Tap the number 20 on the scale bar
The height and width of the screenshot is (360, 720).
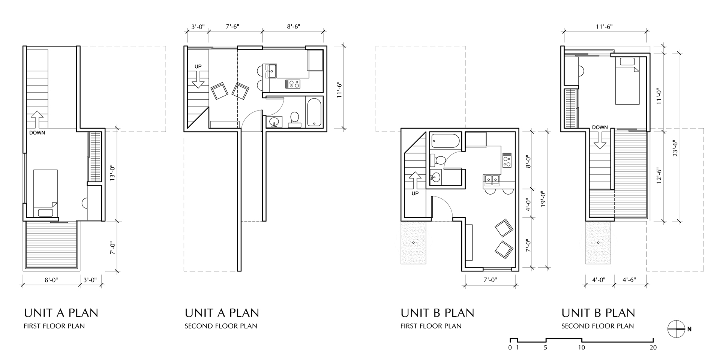tap(653, 348)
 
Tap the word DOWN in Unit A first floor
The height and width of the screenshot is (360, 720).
tap(37, 132)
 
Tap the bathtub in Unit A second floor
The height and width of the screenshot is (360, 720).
tap(314, 112)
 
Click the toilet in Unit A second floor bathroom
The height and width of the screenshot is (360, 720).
tap(294, 118)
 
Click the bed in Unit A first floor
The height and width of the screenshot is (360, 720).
tap(45, 193)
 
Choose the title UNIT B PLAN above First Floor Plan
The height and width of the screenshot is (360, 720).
tap(437, 313)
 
